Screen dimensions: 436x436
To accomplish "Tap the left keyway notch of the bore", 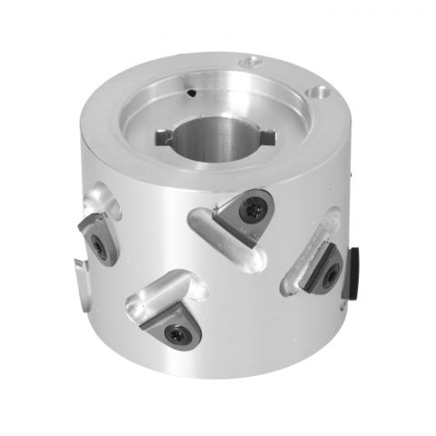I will pos(164,137).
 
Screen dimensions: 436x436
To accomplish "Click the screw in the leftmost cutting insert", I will pos(99,247).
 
